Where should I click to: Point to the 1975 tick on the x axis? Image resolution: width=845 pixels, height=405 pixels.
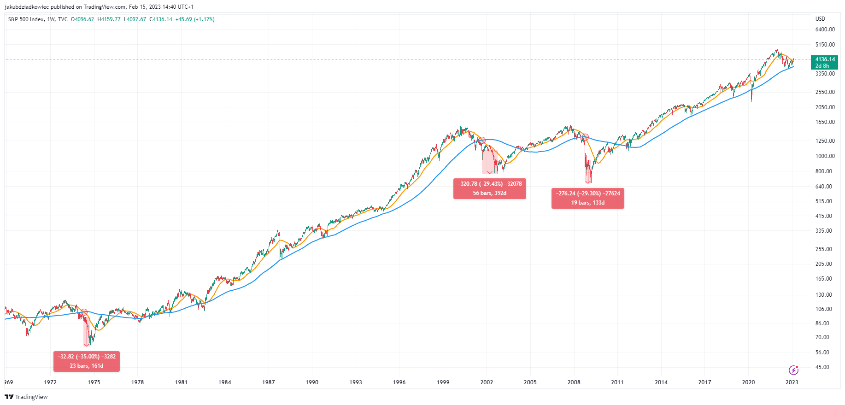pyautogui.click(x=94, y=382)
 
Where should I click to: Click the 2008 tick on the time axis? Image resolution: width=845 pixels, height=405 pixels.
pyautogui.click(x=574, y=382)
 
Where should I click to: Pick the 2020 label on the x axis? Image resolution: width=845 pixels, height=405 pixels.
pyautogui.click(x=748, y=382)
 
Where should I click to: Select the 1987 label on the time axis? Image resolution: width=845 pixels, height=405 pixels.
pyautogui.click(x=269, y=382)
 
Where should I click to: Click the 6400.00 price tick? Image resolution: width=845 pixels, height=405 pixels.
pyautogui.click(x=825, y=29)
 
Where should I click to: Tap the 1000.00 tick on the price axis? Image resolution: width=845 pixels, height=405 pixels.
pyautogui.click(x=825, y=156)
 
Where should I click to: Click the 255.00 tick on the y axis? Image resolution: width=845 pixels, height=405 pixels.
pyautogui.click(x=824, y=249)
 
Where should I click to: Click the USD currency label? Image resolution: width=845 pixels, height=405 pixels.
pyautogui.click(x=820, y=19)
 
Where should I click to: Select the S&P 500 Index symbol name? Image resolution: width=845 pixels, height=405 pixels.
pyautogui.click(x=26, y=19)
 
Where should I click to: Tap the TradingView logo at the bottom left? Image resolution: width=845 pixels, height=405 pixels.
pyautogui.click(x=26, y=397)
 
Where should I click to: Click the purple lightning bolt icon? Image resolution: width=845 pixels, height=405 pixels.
pyautogui.click(x=793, y=370)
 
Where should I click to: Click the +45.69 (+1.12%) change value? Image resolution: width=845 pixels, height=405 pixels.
pyautogui.click(x=195, y=19)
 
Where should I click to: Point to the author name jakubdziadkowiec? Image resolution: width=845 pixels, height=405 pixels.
pyautogui.click(x=27, y=7)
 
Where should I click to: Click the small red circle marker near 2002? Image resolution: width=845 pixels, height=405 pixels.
pyautogui.click(x=482, y=140)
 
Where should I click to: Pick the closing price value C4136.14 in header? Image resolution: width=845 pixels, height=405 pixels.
pyautogui.click(x=161, y=19)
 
